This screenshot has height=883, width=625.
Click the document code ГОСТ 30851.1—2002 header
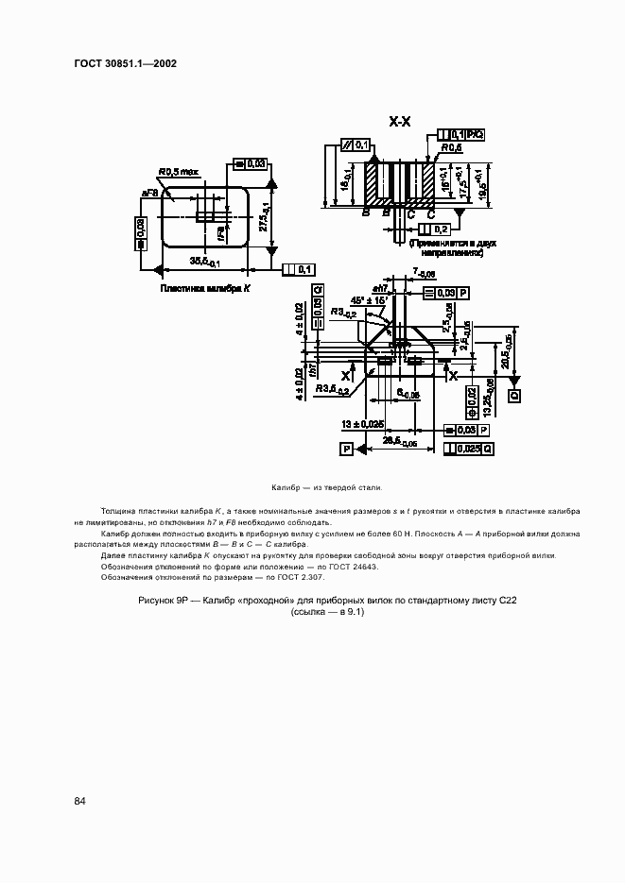click(x=125, y=64)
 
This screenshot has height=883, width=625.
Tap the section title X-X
click(x=399, y=121)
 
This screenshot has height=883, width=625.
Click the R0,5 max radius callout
click(x=178, y=172)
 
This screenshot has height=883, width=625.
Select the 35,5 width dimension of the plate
click(x=204, y=262)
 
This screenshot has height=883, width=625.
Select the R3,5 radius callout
click(x=334, y=387)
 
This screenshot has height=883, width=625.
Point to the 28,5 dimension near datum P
click(x=398, y=441)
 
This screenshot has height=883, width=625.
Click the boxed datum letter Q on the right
click(x=515, y=397)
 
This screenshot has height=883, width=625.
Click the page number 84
click(x=80, y=801)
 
